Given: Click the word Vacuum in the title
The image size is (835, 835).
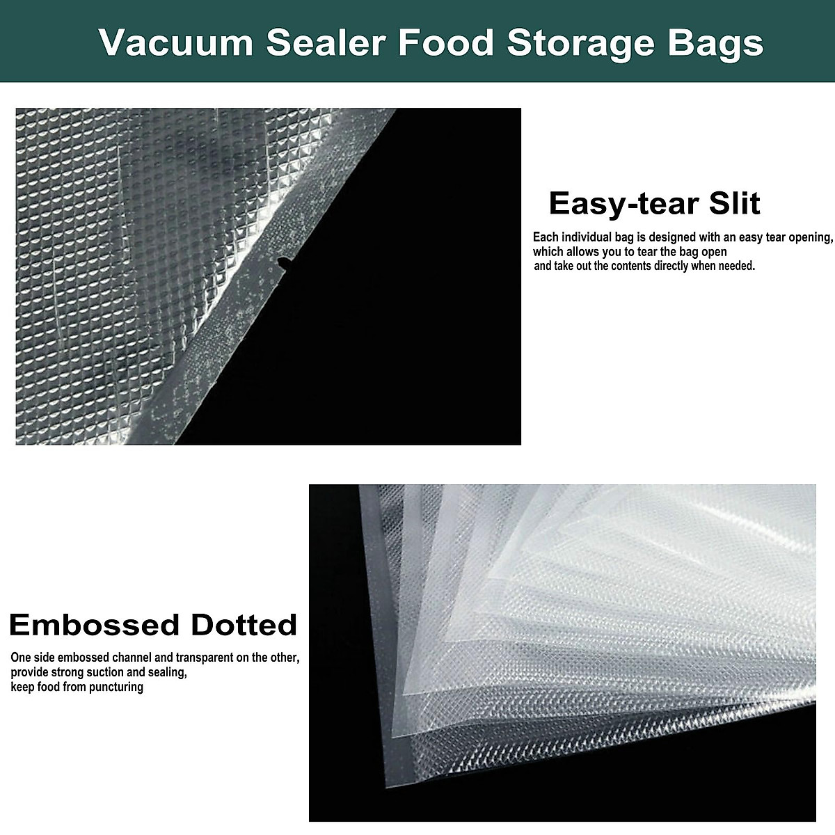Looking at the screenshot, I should pos(175,42).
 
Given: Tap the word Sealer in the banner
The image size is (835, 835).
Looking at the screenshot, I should pos(326,42).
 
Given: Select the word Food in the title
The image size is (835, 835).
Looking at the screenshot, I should pos(446,42).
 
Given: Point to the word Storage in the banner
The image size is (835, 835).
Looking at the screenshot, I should pos(580,44).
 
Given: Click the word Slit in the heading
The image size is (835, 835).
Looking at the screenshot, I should pos(734,203).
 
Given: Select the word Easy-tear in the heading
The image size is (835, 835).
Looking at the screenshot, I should pos(622,204).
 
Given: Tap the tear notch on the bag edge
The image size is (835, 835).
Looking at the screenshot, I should pos(283,262).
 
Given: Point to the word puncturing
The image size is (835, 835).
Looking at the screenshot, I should pos(116,687).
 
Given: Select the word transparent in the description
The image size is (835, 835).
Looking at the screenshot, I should pos(205,658).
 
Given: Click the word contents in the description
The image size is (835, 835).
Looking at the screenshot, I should pos(630,266).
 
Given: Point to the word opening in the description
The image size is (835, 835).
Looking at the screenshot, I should pos(810,237).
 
